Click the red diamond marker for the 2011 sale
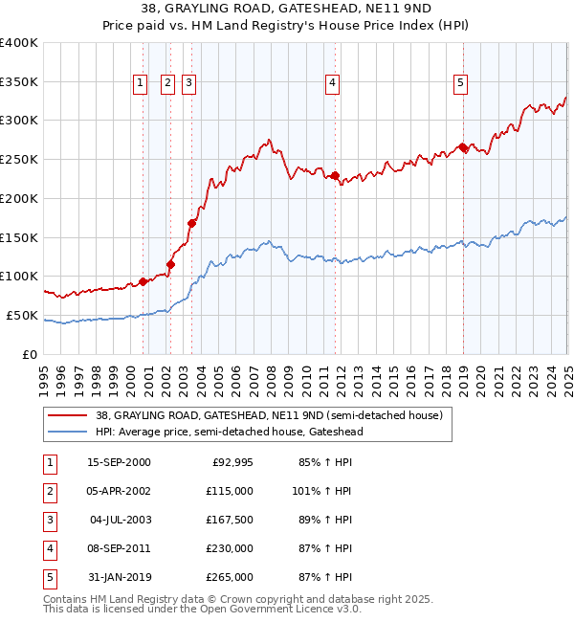pyautogui.click(x=336, y=176)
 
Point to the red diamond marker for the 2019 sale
pyautogui.click(x=463, y=147)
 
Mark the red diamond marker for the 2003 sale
pyautogui.click(x=192, y=223)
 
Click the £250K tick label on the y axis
pyautogui.click(x=19, y=160)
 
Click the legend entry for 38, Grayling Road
pyautogui.click(x=268, y=416)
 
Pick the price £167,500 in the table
pyautogui.click(x=229, y=520)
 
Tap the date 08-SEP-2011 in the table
pyautogui.click(x=119, y=548)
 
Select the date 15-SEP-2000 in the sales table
pyautogui.click(x=119, y=462)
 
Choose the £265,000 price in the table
pyautogui.click(x=229, y=577)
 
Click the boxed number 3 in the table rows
pyautogui.click(x=48, y=520)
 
